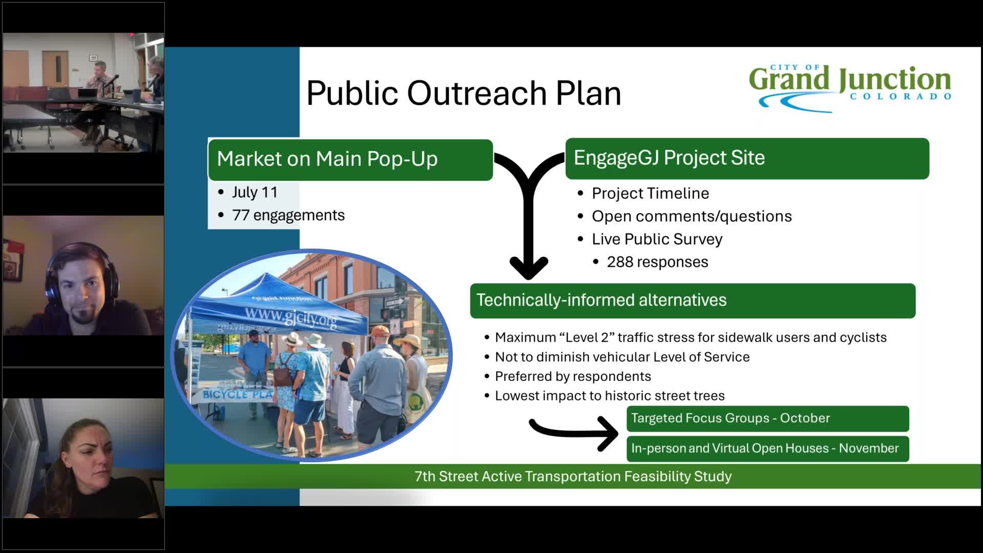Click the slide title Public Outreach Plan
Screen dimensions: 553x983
pos(463,93)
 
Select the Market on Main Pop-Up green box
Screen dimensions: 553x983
pos(350,159)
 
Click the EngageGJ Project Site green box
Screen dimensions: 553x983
pos(746,158)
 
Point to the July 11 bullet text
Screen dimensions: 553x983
pos(254,193)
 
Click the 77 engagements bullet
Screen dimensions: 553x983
pos(288,215)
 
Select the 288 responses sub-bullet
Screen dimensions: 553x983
pos(657,262)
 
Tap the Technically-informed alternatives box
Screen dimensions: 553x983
pos(692,301)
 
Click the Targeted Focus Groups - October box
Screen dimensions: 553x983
pos(767,418)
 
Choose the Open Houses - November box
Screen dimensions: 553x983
pos(767,449)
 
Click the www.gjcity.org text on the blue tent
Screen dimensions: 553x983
pos(290,317)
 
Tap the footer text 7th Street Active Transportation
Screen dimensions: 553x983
pos(572,477)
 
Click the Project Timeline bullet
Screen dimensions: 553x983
pos(650,194)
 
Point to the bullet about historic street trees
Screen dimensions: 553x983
pos(609,396)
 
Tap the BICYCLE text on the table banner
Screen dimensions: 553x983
pos(225,395)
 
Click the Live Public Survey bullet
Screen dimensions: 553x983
pos(657,239)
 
